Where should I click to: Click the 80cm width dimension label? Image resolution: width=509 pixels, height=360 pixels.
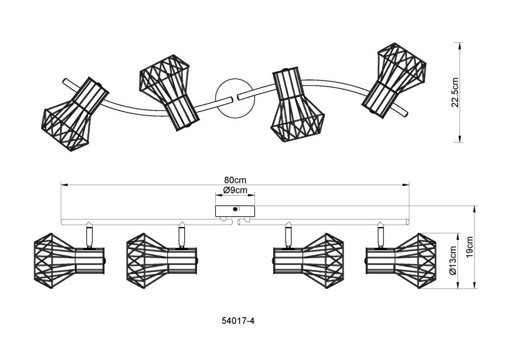pyautogui.click(x=236, y=180)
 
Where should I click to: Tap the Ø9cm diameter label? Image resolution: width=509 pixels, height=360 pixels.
pyautogui.click(x=235, y=190)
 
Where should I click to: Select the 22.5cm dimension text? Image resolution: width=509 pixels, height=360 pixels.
pyautogui.click(x=456, y=93)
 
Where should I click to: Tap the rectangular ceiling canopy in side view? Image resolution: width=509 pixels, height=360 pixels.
pyautogui.click(x=235, y=210)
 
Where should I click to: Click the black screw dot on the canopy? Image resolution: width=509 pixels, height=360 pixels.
pyautogui.click(x=235, y=209)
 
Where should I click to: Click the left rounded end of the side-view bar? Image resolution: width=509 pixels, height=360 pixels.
pyautogui.click(x=62, y=221)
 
